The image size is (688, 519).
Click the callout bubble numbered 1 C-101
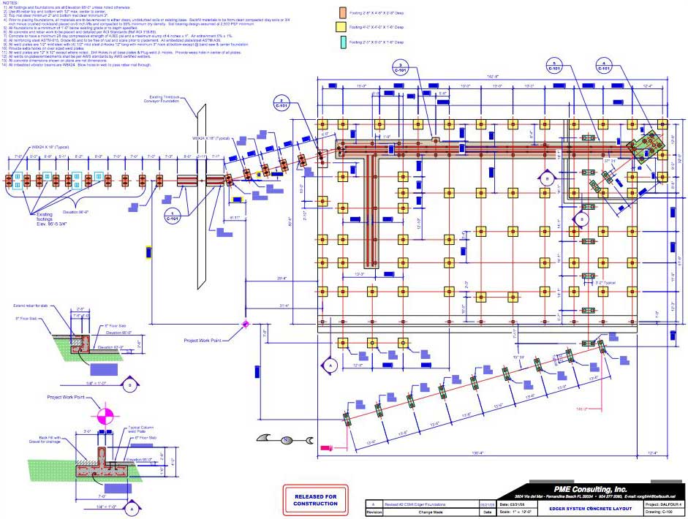point(173,217)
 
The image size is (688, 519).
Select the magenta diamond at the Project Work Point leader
point(246,324)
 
